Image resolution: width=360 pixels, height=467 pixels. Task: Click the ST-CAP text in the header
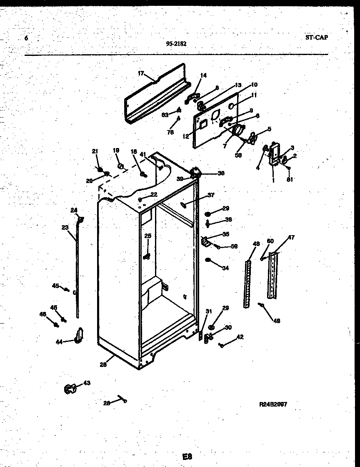pyautogui.click(x=316, y=38)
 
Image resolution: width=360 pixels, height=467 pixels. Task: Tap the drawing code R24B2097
pyautogui.click(x=273, y=404)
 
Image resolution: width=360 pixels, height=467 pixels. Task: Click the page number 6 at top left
pyautogui.click(x=26, y=38)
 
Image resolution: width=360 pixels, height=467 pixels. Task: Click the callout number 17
pyautogui.click(x=140, y=73)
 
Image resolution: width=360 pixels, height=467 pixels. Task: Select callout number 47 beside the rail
pyautogui.click(x=291, y=238)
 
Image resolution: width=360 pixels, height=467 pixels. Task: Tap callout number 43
pyautogui.click(x=87, y=383)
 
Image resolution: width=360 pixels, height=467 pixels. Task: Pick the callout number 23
pyautogui.click(x=65, y=227)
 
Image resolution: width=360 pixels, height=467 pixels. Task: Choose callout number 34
pyautogui.click(x=225, y=268)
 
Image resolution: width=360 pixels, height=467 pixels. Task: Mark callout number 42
pyautogui.click(x=240, y=337)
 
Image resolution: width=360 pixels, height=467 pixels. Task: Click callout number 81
pyautogui.click(x=290, y=180)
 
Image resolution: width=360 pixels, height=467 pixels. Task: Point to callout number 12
pyautogui.click(x=185, y=136)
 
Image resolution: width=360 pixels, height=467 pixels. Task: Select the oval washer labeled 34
pyautogui.click(x=208, y=261)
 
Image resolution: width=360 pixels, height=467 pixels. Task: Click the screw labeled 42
pyautogui.click(x=222, y=344)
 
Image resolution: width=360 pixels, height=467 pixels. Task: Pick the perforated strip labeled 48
pyautogui.click(x=247, y=284)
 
